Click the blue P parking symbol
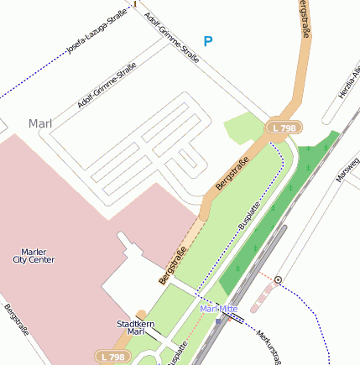click(x=208, y=41)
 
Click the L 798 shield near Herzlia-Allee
click(x=284, y=128)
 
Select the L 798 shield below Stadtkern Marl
click(x=111, y=357)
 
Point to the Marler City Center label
click(x=34, y=255)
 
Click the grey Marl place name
click(x=40, y=123)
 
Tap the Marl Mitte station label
click(x=220, y=309)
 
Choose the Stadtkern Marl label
click(x=133, y=326)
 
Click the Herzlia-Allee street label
click(x=348, y=84)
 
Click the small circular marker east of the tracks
click(x=278, y=279)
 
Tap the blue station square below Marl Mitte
click(x=217, y=321)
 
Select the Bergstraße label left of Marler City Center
click(x=17, y=320)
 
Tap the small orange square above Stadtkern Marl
click(x=142, y=315)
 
